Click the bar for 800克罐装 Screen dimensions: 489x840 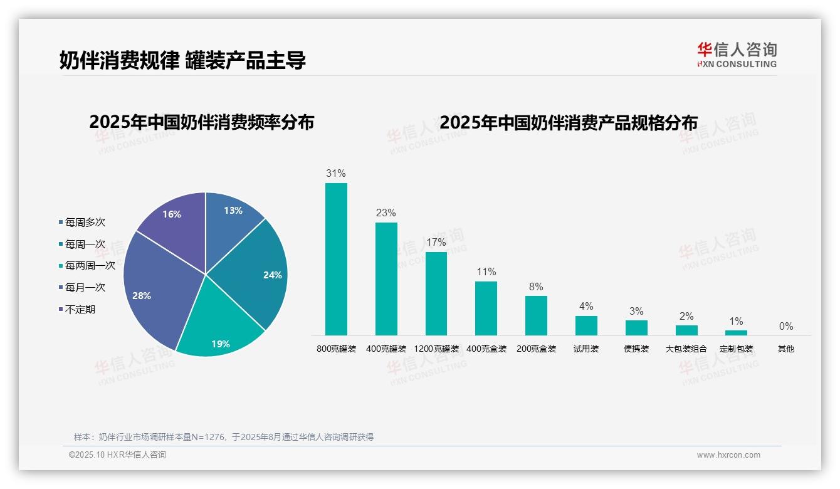point(336,259)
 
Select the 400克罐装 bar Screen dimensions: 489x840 point(386,279)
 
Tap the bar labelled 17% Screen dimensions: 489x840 point(436,293)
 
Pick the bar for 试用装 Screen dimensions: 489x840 point(586,325)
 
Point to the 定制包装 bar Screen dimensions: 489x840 point(736,333)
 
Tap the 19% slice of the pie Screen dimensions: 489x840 point(219,326)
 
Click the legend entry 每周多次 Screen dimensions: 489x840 point(85,223)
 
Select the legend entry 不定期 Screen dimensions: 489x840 point(80,310)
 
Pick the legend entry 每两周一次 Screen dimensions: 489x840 point(90,266)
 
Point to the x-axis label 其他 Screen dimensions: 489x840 point(785,349)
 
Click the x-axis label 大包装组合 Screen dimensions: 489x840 point(686,349)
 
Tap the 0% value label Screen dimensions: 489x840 point(785,326)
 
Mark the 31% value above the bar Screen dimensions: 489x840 point(336,174)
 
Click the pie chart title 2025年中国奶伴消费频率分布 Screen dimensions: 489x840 point(201,122)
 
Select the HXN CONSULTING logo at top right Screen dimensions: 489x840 point(737,55)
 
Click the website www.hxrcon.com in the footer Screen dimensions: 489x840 point(728,455)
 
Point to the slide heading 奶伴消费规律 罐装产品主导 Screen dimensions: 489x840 point(182,60)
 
